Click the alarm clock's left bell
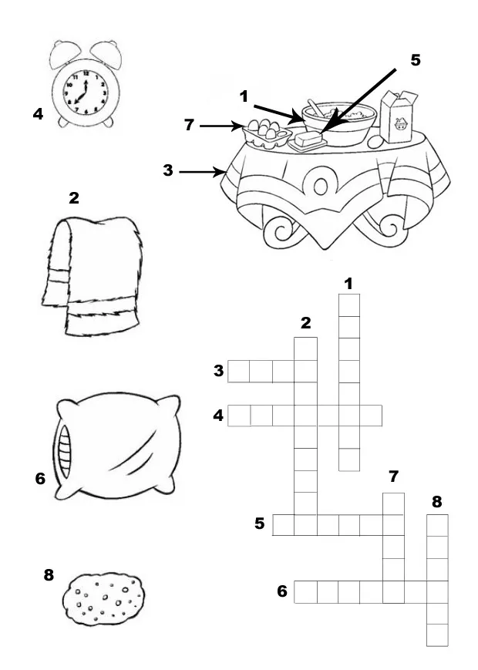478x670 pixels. point(64,52)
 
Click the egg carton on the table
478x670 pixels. point(263,133)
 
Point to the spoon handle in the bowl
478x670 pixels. point(313,106)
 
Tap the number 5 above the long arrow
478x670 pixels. point(416,60)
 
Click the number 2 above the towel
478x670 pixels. point(73,198)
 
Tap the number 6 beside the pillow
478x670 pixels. point(40,479)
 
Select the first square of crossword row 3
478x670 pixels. point(239,372)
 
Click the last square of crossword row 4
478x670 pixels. point(372,416)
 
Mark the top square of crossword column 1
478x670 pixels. point(349,305)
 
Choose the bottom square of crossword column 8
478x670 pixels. point(437,635)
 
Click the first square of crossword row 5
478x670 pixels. point(284,525)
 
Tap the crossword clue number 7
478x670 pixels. point(393,476)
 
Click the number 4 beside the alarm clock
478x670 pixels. point(37,115)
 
